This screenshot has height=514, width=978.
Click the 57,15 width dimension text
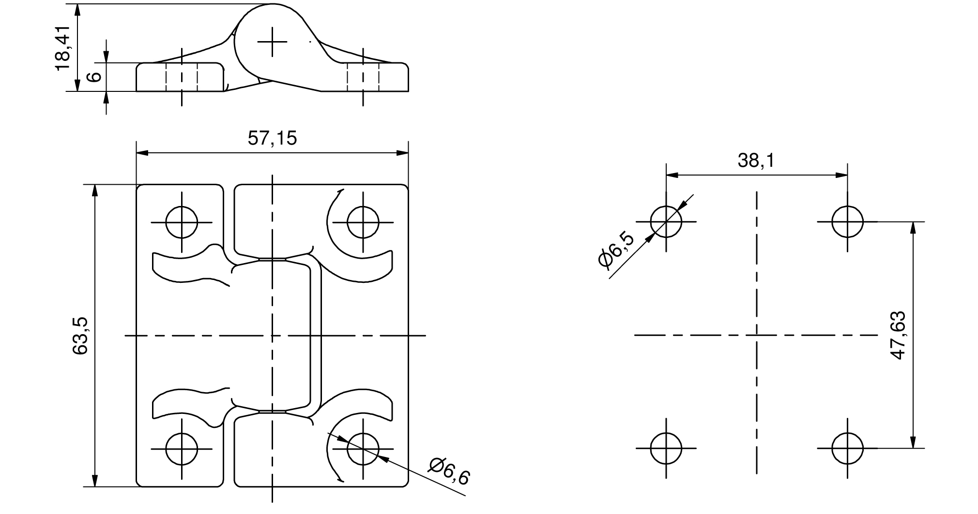(x=272, y=139)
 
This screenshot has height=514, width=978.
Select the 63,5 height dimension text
(x=80, y=336)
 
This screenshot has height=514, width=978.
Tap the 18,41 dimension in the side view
(x=63, y=48)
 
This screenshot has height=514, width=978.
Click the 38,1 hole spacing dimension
(x=756, y=161)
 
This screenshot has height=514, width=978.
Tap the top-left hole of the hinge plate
(x=182, y=222)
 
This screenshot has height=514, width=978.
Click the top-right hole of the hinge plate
(x=363, y=222)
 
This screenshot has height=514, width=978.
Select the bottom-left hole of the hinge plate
(x=182, y=448)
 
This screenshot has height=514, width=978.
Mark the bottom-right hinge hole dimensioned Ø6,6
(x=363, y=448)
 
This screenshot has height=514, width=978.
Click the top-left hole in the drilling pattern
(x=666, y=221)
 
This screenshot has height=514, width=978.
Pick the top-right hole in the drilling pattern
(x=847, y=221)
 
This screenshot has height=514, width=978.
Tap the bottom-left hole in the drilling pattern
(x=666, y=448)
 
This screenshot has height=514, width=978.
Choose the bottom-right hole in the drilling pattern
(x=847, y=448)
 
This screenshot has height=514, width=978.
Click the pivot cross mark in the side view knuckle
(x=272, y=42)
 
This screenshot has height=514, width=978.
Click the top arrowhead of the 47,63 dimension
(x=913, y=228)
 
